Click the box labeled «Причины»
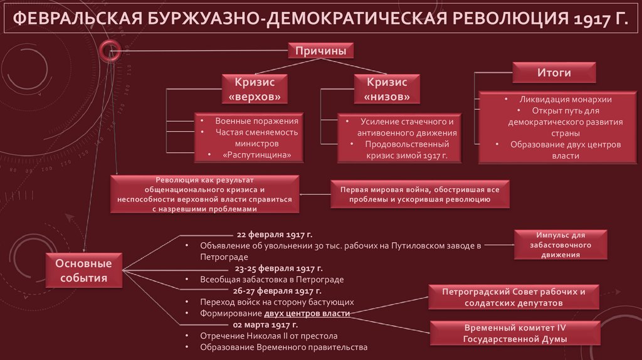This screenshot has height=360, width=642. click(320, 51)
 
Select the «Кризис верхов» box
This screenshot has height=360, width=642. click(254, 89)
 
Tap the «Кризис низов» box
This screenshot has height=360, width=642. click(387, 89)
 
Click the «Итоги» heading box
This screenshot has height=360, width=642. click(554, 73)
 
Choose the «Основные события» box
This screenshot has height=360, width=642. click(83, 271)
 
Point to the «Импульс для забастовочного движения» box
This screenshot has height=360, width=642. click(561, 245)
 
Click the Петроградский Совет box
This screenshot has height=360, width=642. click(513, 297)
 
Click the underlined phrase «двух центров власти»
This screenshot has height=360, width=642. click(307, 313)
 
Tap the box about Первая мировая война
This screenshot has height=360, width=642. click(420, 193)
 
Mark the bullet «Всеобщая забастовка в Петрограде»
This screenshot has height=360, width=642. click(272, 279)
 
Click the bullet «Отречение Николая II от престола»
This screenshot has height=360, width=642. click(268, 336)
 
